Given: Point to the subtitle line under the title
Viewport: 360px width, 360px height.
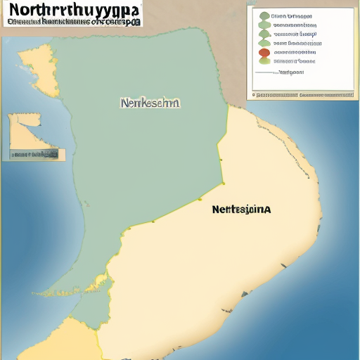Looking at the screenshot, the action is (x=74, y=22).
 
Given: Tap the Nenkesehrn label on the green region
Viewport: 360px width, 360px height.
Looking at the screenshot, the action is (x=150, y=103).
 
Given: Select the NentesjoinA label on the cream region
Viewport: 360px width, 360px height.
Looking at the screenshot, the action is (x=241, y=209).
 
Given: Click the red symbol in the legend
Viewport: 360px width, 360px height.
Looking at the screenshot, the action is (x=264, y=52).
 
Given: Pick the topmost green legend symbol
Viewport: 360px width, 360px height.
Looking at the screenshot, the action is (x=264, y=15).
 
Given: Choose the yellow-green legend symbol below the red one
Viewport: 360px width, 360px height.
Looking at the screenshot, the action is (x=264, y=60).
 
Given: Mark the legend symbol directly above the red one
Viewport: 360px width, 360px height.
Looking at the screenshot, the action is (x=264, y=43).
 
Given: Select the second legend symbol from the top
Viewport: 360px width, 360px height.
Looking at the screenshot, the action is (x=264, y=25).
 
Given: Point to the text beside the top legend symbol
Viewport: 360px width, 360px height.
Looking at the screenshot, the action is (x=292, y=15).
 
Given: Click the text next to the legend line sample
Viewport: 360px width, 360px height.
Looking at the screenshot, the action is (x=290, y=72).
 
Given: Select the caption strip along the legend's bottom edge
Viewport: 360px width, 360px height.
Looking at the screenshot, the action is (x=303, y=93).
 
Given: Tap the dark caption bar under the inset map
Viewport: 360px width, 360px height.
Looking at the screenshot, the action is (x=34, y=153).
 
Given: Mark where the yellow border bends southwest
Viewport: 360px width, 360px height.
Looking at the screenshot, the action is (x=224, y=183).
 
